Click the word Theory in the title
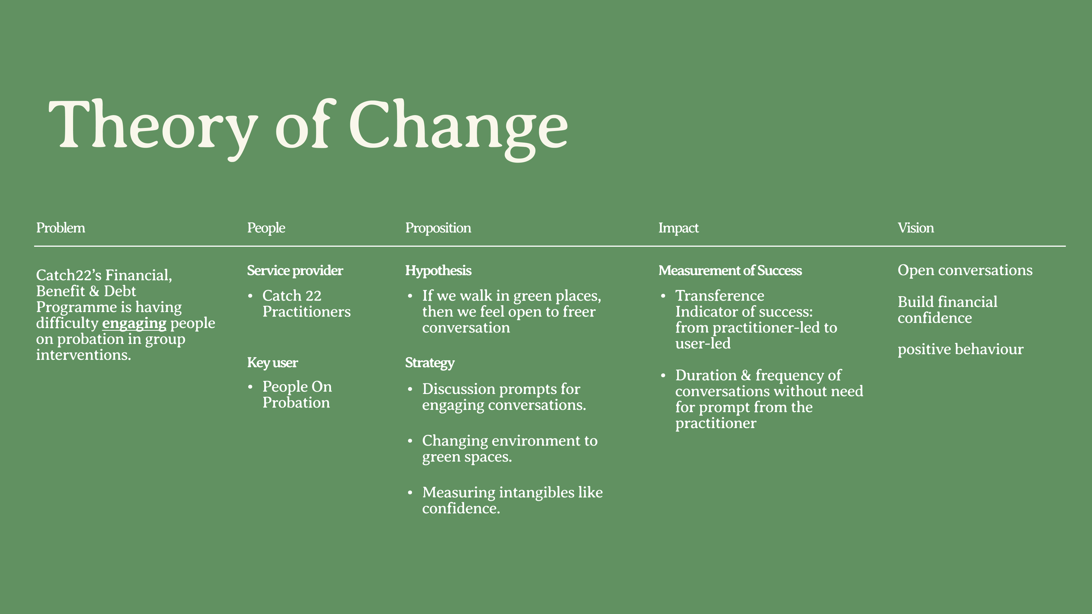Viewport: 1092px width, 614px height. tap(153, 127)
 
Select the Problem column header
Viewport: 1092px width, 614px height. tap(61, 228)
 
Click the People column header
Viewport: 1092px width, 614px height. tap(266, 228)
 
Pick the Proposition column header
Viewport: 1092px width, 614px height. tap(438, 228)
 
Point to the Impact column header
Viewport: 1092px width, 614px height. tap(678, 228)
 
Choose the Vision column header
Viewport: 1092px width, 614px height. tap(916, 228)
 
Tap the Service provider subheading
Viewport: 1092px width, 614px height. tap(295, 270)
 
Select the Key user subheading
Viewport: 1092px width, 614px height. tap(273, 363)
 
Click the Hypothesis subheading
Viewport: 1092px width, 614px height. tap(438, 270)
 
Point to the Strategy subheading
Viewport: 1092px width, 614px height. tap(430, 363)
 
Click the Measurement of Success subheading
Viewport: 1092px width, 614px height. tap(730, 270)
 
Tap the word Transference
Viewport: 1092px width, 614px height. tap(720, 295)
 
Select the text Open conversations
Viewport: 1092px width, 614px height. tap(965, 270)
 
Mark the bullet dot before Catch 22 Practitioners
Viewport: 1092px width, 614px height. tap(250, 296)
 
